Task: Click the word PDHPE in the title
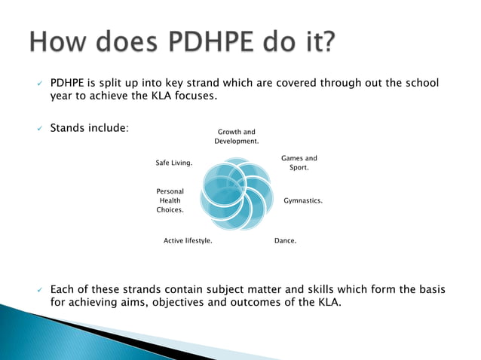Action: tap(213, 43)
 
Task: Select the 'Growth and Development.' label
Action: tap(237, 136)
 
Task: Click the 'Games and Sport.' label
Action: tap(299, 163)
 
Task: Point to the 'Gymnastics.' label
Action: tap(303, 201)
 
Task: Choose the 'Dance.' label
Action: tap(285, 241)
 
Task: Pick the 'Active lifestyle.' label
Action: tap(188, 241)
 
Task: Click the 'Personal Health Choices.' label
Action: tap(170, 201)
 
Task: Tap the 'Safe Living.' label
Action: tap(173, 163)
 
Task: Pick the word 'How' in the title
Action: tap(63, 43)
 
